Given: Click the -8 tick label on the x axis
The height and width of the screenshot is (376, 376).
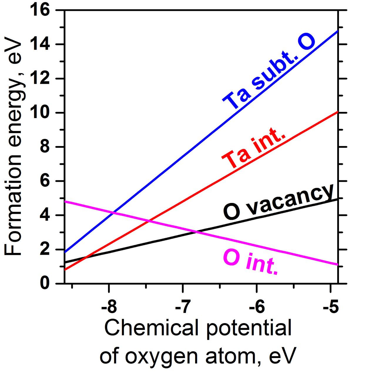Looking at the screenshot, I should point(109,307).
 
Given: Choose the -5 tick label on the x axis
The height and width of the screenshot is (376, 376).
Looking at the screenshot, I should point(331,307).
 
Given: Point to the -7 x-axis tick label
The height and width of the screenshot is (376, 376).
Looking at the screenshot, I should point(183,307).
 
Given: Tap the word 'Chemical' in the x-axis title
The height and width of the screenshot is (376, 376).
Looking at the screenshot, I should point(152,328).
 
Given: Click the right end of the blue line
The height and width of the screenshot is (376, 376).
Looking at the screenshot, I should point(338,31).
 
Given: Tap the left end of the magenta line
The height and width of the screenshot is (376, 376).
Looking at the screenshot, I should point(65,202).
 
